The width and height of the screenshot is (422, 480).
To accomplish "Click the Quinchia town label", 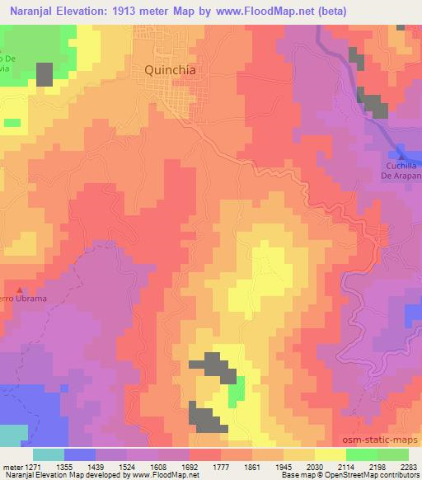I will click(171, 70).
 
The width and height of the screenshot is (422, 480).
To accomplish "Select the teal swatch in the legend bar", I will click(49, 454).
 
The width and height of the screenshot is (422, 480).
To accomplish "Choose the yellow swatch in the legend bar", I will click(330, 454).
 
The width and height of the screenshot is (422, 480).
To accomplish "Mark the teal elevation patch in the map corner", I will click(12, 435).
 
